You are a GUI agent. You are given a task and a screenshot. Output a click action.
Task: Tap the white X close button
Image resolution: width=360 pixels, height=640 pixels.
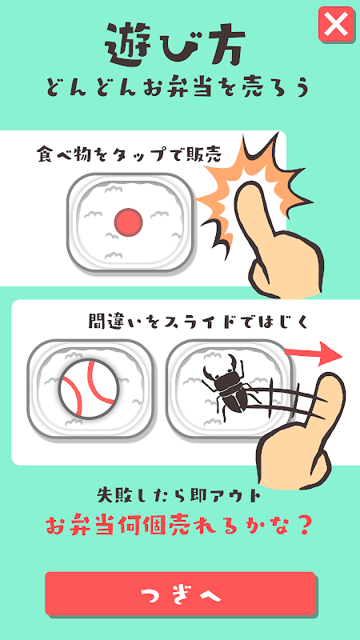(336, 24)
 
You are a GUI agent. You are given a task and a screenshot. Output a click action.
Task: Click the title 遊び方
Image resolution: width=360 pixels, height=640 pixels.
(175, 46)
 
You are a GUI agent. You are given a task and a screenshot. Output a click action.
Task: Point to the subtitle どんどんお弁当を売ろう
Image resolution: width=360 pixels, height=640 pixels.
(178, 88)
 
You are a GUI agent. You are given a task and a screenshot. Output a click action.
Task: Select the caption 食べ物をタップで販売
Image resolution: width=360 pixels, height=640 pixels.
(129, 154)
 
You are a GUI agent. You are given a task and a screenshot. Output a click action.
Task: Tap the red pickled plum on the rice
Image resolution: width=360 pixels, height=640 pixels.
(128, 222)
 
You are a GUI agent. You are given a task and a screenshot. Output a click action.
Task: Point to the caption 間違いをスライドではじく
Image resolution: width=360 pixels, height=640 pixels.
(198, 322)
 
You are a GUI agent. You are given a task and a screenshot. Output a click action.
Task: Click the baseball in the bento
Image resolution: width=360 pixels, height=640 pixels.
(90, 389)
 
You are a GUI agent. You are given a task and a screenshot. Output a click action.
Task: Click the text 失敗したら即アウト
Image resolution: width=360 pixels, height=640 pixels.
(179, 495)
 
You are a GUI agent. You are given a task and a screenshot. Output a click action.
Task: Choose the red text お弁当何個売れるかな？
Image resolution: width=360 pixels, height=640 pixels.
(178, 526)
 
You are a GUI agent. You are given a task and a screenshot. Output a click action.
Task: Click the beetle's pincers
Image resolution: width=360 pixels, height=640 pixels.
(222, 366)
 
